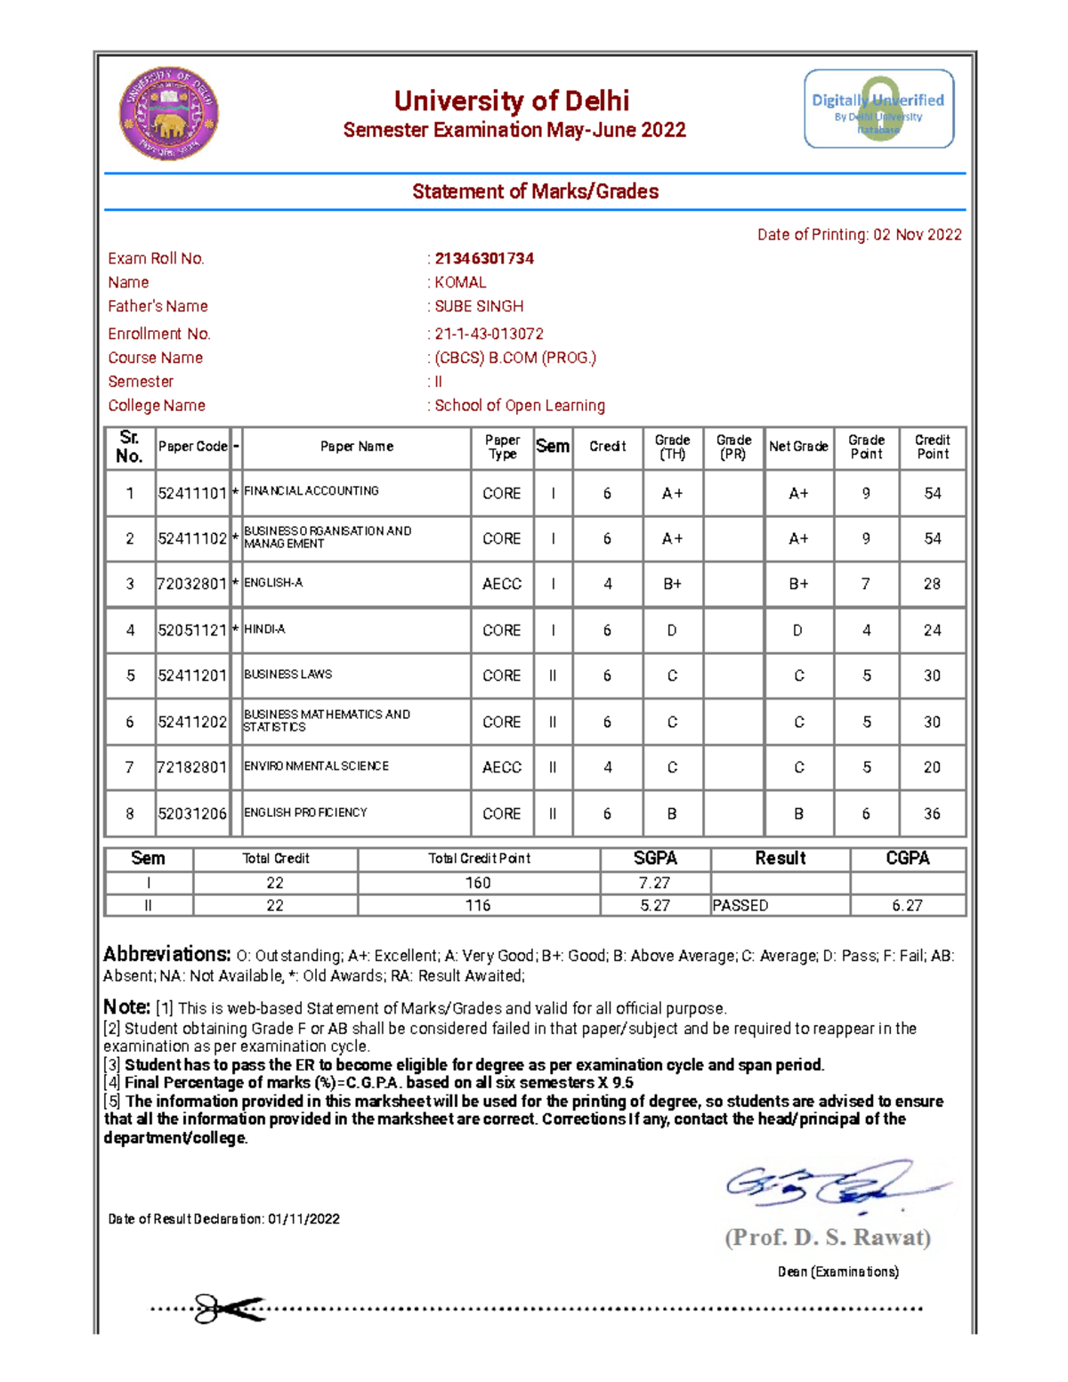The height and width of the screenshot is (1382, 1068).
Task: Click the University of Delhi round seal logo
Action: pyautogui.click(x=169, y=114)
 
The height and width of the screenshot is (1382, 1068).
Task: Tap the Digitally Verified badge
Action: pyautogui.click(x=878, y=109)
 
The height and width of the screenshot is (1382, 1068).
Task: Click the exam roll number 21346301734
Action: pyautogui.click(x=484, y=258)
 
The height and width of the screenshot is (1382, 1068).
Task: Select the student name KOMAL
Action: pyautogui.click(x=460, y=282)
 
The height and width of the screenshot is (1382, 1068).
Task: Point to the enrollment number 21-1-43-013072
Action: pyautogui.click(x=489, y=334)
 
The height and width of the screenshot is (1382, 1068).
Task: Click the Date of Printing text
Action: pyautogui.click(x=859, y=235)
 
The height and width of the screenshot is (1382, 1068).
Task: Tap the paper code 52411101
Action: pyautogui.click(x=192, y=493)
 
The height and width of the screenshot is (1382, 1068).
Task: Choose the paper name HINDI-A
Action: pyautogui.click(x=264, y=629)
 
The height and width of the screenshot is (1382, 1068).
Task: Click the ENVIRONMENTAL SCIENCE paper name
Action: pyautogui.click(x=316, y=766)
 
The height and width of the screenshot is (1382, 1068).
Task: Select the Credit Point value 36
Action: pyautogui.click(x=932, y=813)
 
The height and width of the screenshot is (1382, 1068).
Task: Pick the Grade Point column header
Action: pyautogui.click(x=866, y=447)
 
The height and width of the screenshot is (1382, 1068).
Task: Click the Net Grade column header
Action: pyautogui.click(x=798, y=447)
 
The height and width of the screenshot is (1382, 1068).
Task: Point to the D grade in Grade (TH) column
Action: pyautogui.click(x=672, y=630)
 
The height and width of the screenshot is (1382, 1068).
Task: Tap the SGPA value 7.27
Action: pyautogui.click(x=655, y=883)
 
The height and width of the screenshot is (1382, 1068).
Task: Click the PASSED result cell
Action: pyautogui.click(x=740, y=905)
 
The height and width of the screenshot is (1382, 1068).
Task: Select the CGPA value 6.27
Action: pyautogui.click(x=908, y=905)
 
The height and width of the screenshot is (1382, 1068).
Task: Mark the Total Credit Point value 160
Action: pyautogui.click(x=478, y=883)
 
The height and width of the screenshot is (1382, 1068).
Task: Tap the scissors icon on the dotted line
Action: pyautogui.click(x=228, y=1308)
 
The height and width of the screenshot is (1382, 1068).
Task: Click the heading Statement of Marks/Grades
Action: pyautogui.click(x=535, y=191)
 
